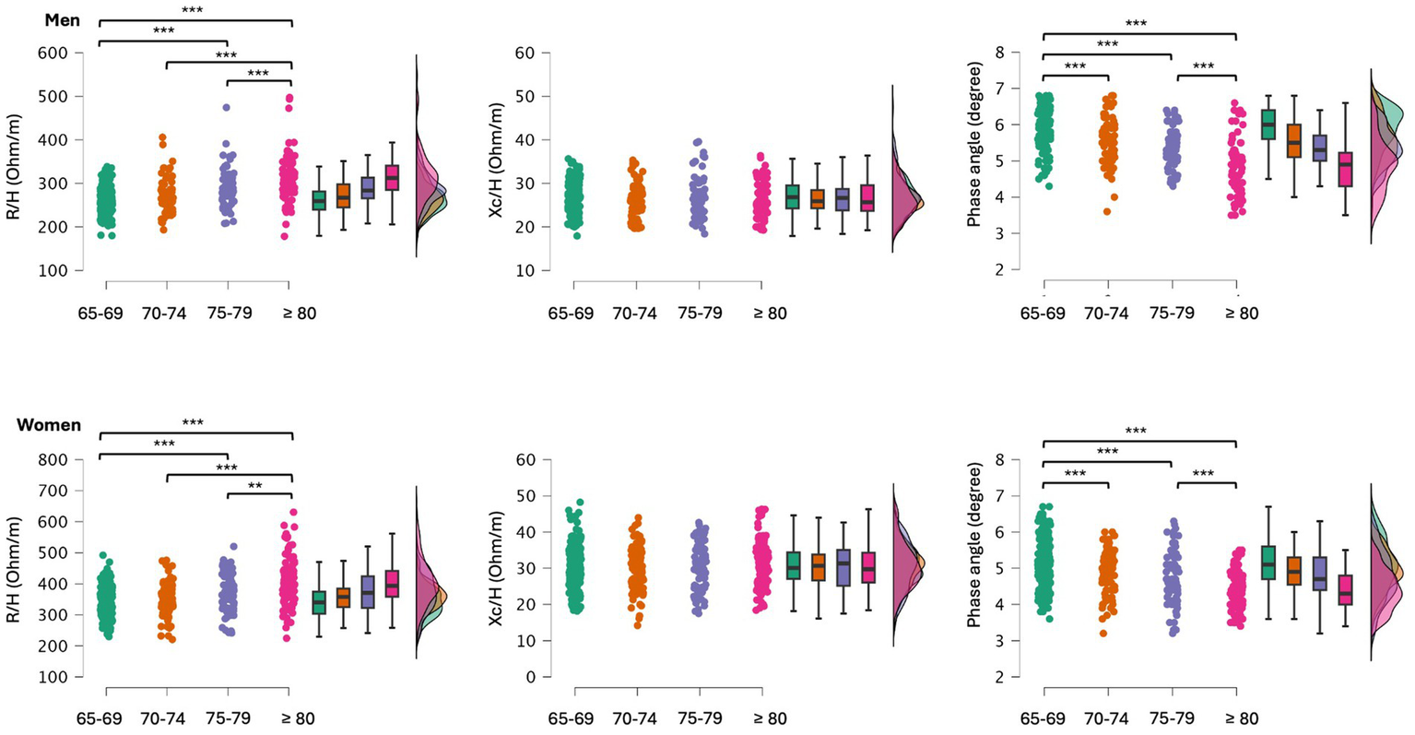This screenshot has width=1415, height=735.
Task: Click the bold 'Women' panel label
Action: click(49, 425)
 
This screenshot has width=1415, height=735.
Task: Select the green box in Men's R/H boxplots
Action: click(319, 200)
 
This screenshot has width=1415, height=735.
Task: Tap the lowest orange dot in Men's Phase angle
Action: click(1106, 211)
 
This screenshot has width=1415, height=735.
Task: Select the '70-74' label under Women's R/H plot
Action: click(164, 719)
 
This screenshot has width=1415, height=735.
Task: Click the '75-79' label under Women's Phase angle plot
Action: click(1172, 719)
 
